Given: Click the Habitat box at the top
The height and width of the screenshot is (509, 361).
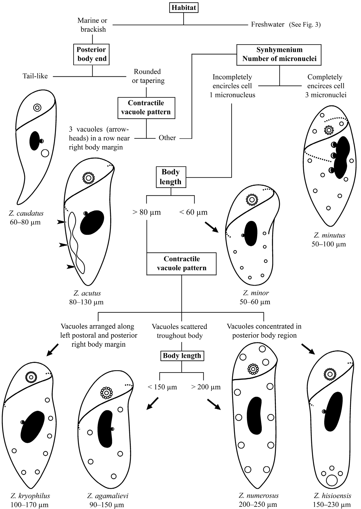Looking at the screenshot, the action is [x=184, y=7].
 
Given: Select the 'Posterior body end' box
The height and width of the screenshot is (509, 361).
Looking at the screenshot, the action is [x=92, y=54].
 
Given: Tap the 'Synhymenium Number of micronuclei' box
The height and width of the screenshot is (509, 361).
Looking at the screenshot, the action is [x=279, y=54].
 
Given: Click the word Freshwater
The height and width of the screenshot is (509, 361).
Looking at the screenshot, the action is [x=268, y=25].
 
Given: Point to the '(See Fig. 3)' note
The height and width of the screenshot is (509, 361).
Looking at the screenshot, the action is [x=305, y=25].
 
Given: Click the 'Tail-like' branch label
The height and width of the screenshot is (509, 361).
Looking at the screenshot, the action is [x=35, y=76].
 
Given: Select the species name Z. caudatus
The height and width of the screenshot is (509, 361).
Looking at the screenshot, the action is [x=27, y=213].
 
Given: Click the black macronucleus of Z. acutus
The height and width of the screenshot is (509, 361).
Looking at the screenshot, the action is [x=92, y=222].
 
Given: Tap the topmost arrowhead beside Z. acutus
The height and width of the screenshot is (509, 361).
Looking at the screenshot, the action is [x=62, y=223].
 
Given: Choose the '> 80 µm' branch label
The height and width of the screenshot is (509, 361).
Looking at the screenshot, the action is [x=147, y=212].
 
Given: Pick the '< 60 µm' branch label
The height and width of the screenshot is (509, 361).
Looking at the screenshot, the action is [x=193, y=212].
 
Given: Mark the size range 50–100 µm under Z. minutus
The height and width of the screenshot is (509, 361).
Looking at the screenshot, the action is [x=329, y=244].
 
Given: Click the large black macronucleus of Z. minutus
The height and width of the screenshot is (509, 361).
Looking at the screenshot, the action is [x=342, y=157].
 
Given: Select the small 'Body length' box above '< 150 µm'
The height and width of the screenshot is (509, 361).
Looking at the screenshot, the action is [x=182, y=356].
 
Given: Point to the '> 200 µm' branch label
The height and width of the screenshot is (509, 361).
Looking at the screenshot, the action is [x=206, y=387].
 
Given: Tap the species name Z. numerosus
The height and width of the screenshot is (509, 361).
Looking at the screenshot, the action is [x=258, y=496].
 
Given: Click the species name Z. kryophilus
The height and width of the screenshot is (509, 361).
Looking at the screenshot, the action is [x=30, y=496].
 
